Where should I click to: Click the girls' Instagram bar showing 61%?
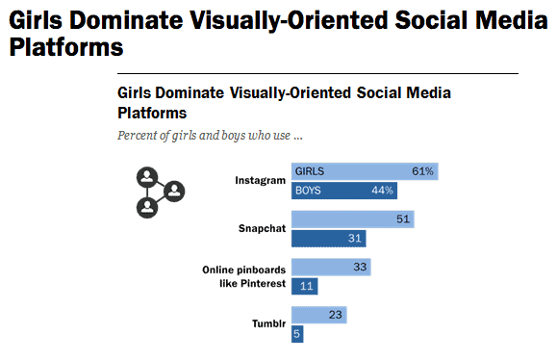click(365, 171)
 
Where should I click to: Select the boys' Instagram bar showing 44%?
click(343, 191)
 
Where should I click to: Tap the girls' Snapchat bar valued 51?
click(352, 219)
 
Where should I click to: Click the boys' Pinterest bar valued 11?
click(304, 287)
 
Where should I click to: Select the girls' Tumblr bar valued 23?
click(318, 315)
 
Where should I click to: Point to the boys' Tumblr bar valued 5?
click(297, 334)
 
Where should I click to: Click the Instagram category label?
click(261, 180)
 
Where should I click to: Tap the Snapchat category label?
click(262, 229)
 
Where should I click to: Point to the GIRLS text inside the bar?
click(310, 171)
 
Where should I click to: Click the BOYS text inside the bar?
click(308, 191)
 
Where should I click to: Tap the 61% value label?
click(422, 171)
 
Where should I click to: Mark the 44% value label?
click(382, 191)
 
